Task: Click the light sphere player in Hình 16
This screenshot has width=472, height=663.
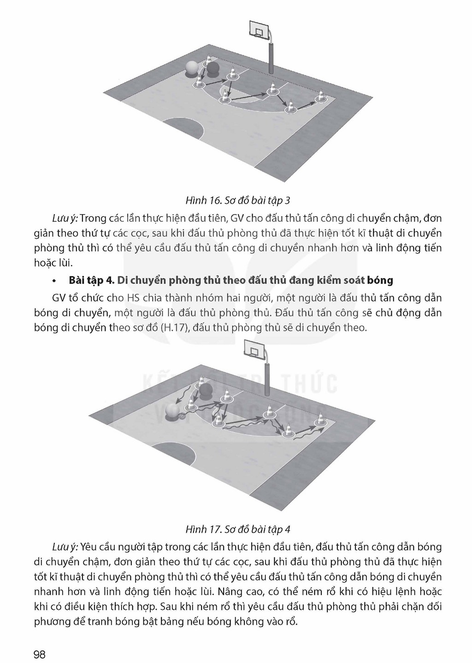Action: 192,70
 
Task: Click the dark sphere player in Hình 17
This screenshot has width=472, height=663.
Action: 206,391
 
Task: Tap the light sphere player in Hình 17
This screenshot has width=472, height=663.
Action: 172,412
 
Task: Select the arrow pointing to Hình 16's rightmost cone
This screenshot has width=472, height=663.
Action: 306,106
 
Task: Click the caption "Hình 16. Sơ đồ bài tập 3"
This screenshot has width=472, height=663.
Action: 238,201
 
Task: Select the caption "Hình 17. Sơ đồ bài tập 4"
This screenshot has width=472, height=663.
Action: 238,529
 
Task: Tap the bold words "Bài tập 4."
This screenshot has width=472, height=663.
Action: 91,280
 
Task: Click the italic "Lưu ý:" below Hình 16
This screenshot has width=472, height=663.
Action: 65,219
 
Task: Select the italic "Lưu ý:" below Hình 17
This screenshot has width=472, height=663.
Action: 65,547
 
